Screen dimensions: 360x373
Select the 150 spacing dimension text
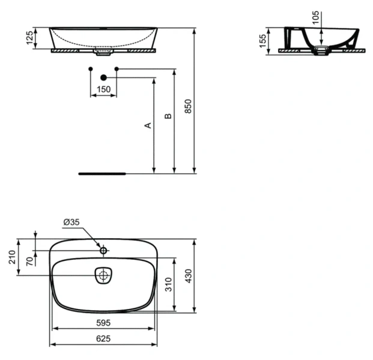tap(103, 89)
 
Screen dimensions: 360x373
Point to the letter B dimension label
tap(168, 116)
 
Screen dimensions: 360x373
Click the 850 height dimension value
tap(187, 106)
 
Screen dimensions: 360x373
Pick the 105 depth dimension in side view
tap(316, 17)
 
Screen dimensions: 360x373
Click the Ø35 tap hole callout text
tap(71, 223)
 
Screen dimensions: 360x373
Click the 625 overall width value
tap(103, 338)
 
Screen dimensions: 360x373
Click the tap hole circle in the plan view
tap(103, 250)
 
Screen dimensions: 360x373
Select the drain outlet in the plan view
tap(103, 275)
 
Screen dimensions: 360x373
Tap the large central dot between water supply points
tap(103, 77)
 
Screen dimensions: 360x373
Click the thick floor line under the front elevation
tap(102, 173)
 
